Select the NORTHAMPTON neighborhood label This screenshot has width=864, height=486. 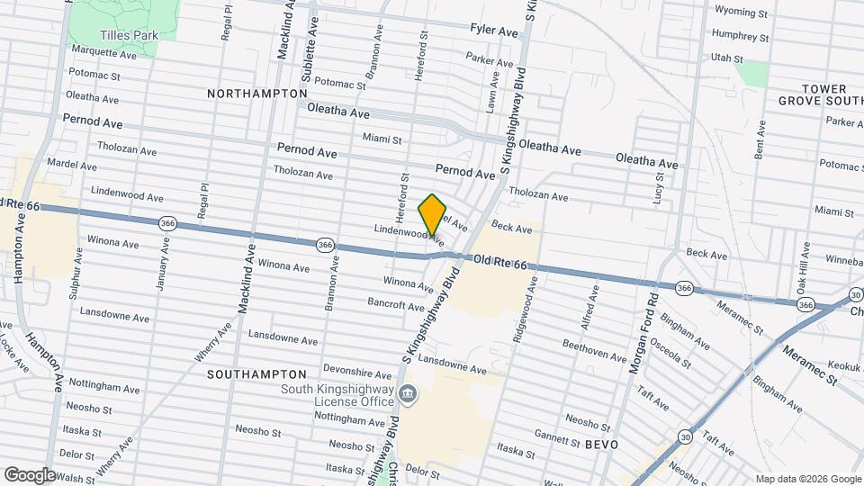click(256, 94)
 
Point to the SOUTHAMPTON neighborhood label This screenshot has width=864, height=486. click(256, 373)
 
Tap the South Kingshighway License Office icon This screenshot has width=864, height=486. click(407, 394)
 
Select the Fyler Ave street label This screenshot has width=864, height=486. click(494, 31)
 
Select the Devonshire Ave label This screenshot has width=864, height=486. click(357, 372)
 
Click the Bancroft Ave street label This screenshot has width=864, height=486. click(395, 304)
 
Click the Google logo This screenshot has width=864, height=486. click(30, 475)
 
